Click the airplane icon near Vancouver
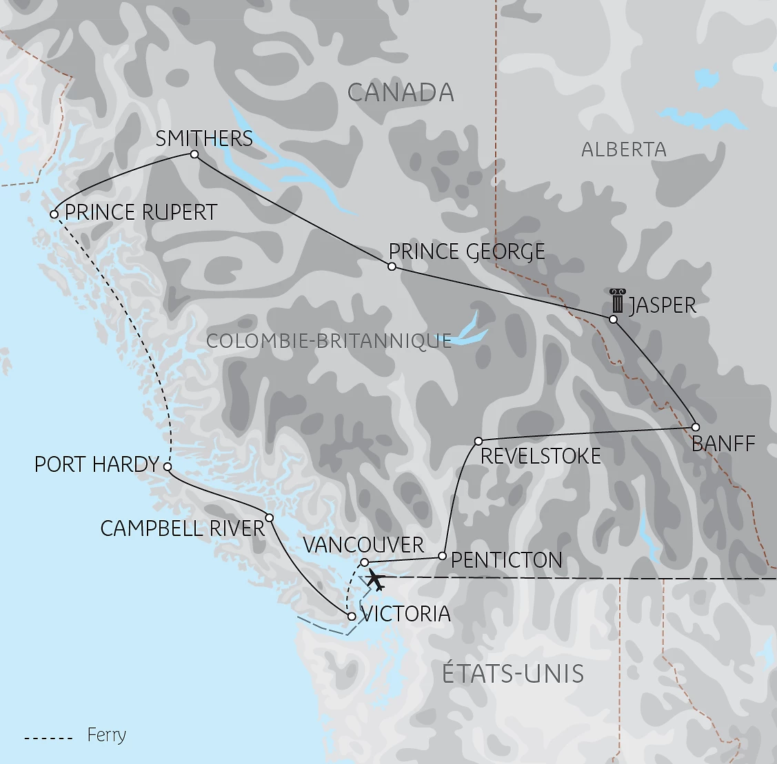(374, 580)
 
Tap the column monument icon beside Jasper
(616, 302)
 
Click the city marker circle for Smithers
(194, 154)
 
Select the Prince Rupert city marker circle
(54, 214)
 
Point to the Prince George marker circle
(392, 267)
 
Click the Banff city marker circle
(696, 426)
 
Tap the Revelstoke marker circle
(478, 440)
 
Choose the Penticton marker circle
(443, 555)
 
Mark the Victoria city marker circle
(352, 617)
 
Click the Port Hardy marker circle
(168, 466)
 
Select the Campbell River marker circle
(270, 518)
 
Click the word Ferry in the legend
(107, 735)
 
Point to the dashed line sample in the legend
(48, 739)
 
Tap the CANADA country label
(401, 92)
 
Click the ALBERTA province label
(623, 149)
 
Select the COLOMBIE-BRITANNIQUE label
(329, 340)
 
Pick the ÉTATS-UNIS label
(513, 673)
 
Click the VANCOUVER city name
(363, 545)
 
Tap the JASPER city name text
(663, 305)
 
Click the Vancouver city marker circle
(365, 563)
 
